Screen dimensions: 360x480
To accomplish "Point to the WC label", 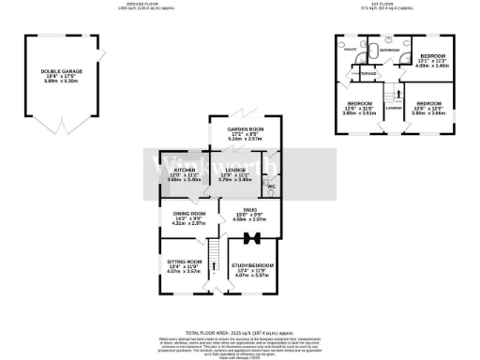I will (273, 186).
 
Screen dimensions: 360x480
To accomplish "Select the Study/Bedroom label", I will (248, 267).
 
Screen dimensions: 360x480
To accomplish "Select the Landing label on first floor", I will (394, 106).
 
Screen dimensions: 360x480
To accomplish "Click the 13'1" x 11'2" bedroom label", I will (435, 58).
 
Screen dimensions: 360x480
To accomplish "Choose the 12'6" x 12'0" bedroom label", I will (428, 103).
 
